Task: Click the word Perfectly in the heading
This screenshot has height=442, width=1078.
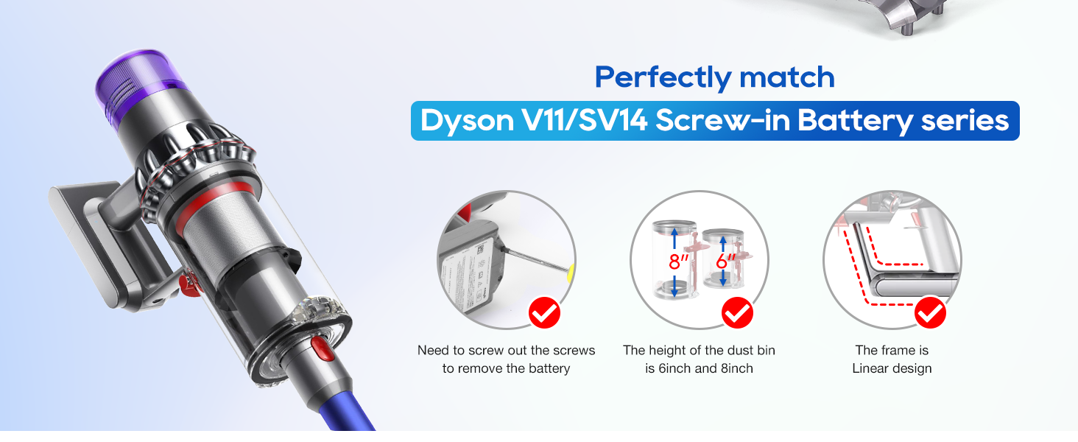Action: pos(663,77)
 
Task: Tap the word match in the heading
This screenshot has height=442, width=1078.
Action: pos(787,77)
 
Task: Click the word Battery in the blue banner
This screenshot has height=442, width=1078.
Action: pos(855,121)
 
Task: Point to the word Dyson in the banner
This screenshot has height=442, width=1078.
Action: pos(467,121)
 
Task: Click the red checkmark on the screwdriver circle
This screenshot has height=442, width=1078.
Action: pos(544,312)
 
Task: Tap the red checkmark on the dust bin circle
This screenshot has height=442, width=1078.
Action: pos(737,312)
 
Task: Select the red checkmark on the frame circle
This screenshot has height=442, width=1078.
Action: pos(930,312)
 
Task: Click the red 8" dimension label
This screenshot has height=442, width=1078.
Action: pos(679,262)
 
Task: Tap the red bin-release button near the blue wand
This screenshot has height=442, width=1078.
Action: pos(322,348)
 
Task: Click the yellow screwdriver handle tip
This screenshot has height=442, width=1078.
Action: pos(571,273)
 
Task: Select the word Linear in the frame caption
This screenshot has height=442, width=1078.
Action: pos(873,368)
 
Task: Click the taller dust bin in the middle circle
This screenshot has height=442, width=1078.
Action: pos(674,259)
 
